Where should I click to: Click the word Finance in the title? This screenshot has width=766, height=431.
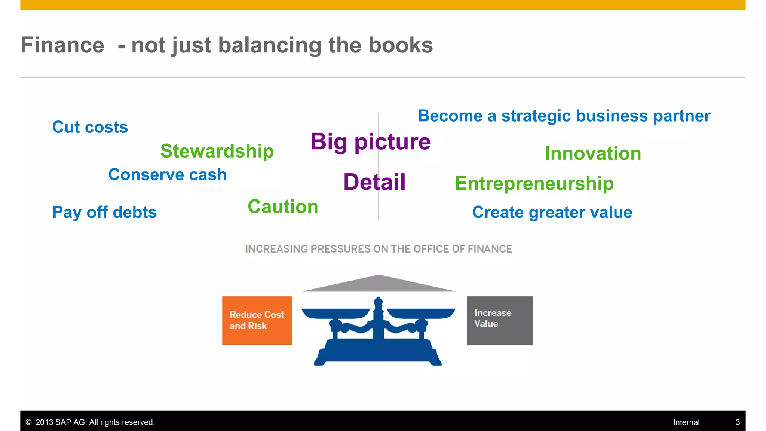(62, 45)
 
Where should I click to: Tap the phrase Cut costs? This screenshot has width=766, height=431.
(90, 127)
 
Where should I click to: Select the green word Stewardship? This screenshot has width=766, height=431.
(217, 151)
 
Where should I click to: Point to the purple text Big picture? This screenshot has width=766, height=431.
(370, 142)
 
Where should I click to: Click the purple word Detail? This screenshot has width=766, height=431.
(374, 182)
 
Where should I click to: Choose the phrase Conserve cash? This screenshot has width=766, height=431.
(168, 175)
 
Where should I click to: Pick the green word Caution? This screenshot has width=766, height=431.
(283, 207)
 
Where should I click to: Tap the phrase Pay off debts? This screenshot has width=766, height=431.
(104, 212)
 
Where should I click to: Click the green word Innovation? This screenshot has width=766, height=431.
(593, 153)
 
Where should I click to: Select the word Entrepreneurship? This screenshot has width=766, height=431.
(534, 184)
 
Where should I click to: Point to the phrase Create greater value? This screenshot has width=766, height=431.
(552, 212)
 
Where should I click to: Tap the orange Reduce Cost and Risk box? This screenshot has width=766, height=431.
(257, 321)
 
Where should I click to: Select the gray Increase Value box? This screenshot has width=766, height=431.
(500, 321)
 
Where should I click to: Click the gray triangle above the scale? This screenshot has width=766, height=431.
(379, 284)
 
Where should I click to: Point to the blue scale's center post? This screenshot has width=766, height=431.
(378, 322)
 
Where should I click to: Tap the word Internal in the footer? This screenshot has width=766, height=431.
(686, 422)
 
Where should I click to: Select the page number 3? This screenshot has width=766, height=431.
(738, 422)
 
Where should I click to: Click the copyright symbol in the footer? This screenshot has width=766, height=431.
(28, 422)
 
